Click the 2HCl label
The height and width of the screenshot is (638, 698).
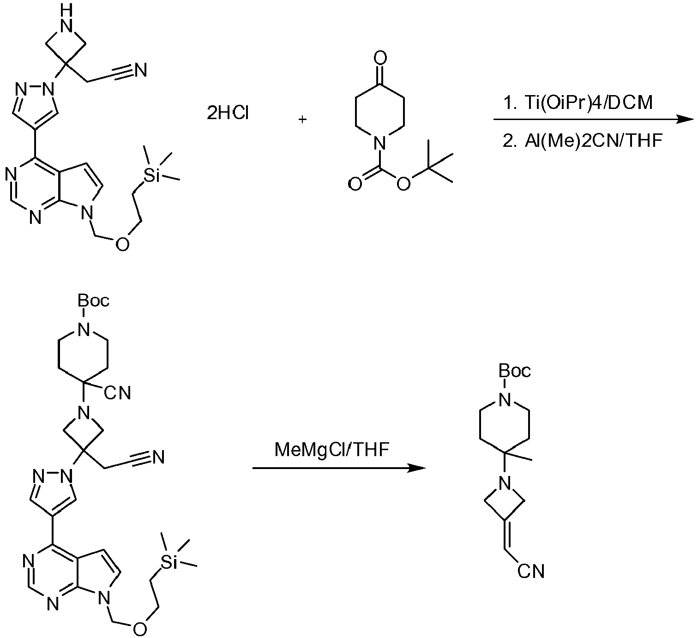click(x=228, y=113)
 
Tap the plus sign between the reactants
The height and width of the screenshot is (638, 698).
click(x=302, y=120)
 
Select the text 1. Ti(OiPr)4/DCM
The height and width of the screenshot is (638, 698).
click(x=578, y=103)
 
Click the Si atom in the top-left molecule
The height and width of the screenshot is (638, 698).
click(x=151, y=176)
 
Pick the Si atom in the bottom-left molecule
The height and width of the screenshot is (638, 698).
click(x=169, y=562)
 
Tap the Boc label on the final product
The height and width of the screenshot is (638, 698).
click(x=515, y=371)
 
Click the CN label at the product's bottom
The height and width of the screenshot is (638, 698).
click(x=530, y=572)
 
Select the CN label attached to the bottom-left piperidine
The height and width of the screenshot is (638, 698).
click(x=117, y=393)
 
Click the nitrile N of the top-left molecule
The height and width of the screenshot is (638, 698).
click(x=140, y=70)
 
